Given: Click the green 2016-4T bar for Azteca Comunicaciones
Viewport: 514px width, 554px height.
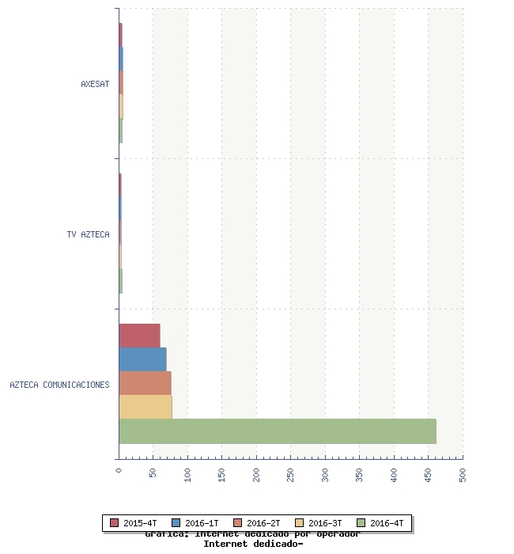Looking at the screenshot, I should pyautogui.click(x=277, y=431).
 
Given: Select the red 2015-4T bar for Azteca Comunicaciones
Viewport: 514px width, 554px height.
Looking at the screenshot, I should pyautogui.click(x=139, y=336).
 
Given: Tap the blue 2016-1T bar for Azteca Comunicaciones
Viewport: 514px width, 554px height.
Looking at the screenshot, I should pyautogui.click(x=142, y=359).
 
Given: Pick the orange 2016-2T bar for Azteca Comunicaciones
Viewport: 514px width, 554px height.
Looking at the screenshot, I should pyautogui.click(x=145, y=383).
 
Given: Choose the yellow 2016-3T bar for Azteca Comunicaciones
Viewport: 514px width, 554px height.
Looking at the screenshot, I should pyautogui.click(x=146, y=407).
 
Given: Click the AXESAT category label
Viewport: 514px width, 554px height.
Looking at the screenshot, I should pyautogui.click(x=95, y=84).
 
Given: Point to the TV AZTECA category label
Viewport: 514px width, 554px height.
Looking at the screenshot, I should pyautogui.click(x=88, y=234).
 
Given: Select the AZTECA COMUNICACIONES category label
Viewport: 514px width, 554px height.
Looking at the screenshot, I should pyautogui.click(x=59, y=385).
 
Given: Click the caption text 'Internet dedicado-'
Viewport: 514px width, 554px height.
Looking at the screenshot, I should pyautogui.click(x=253, y=544).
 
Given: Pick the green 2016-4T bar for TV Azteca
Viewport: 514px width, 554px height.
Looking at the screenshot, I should pyautogui.click(x=120, y=281).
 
